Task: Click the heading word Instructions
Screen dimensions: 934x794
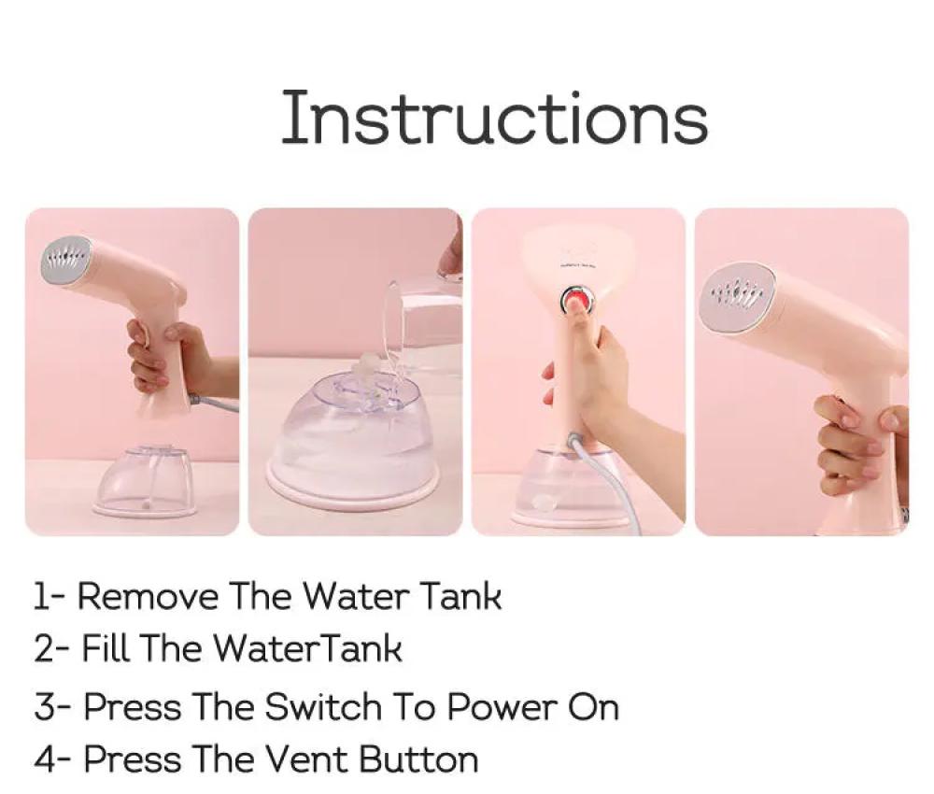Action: click(x=494, y=117)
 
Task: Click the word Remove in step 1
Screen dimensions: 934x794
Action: click(x=148, y=596)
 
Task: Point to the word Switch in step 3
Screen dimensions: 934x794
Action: click(x=323, y=707)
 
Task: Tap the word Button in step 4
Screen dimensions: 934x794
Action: click(x=419, y=759)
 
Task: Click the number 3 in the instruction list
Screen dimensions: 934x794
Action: click(x=44, y=707)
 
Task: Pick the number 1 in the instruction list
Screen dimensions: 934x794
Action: click(x=40, y=596)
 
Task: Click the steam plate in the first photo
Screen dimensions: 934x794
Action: click(x=66, y=260)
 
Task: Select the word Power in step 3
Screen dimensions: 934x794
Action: click(x=501, y=707)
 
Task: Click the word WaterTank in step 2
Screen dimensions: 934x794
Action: click(x=307, y=647)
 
